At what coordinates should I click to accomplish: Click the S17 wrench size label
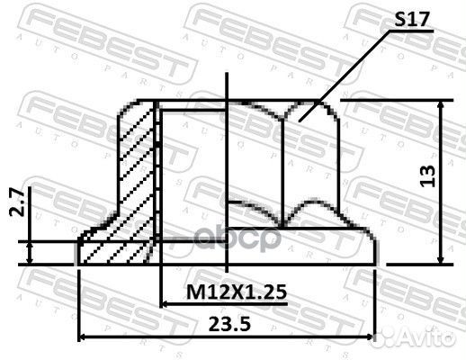point(412,19)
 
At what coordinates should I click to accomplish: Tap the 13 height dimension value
point(428,176)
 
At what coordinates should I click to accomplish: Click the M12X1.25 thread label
point(237,292)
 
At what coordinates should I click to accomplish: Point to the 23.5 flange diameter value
point(229,324)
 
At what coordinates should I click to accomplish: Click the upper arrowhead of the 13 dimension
point(440,105)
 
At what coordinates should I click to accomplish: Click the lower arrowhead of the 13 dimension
point(440,258)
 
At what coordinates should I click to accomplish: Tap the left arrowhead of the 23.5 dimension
point(84,337)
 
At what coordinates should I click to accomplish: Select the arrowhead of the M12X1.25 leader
point(166,304)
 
